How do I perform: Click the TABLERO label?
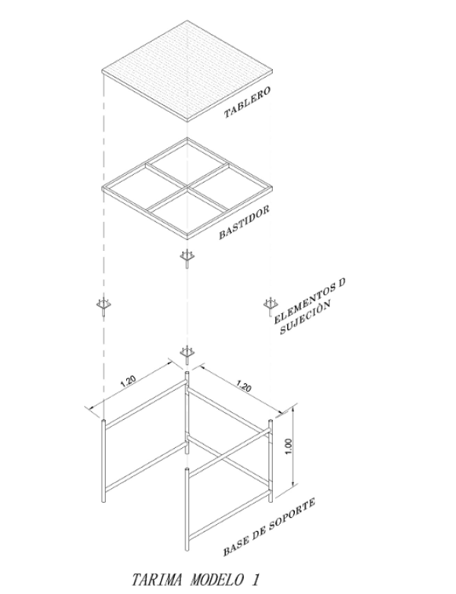pyautogui.click(x=247, y=104)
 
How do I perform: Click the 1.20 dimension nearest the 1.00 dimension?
pyautogui.click(x=243, y=387)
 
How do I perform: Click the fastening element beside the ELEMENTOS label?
pyautogui.click(x=268, y=305)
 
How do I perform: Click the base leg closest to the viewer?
pyautogui.click(x=186, y=510)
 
